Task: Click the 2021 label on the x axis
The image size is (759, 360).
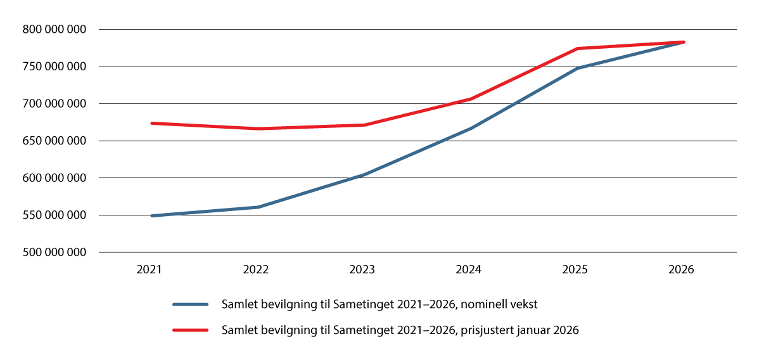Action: click(x=150, y=269)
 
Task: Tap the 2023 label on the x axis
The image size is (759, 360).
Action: click(x=362, y=269)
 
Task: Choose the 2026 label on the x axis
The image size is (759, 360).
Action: click(x=682, y=269)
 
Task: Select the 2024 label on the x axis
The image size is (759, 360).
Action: click(x=469, y=269)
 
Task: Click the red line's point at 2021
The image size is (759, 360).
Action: click(x=152, y=123)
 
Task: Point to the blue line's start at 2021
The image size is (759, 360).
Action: click(x=152, y=215)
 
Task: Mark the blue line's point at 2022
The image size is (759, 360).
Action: click(x=258, y=207)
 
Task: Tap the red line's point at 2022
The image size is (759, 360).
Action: click(x=258, y=129)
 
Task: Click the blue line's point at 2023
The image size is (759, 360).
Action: click(x=365, y=174)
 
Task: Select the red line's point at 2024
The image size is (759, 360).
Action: click(x=471, y=98)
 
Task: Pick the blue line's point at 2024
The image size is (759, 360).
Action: click(x=471, y=128)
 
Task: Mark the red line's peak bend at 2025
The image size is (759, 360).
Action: click(x=578, y=48)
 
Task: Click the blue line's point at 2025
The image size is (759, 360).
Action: click(x=578, y=68)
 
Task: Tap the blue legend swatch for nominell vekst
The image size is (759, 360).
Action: click(x=190, y=304)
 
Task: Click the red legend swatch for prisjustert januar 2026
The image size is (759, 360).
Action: click(x=190, y=330)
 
